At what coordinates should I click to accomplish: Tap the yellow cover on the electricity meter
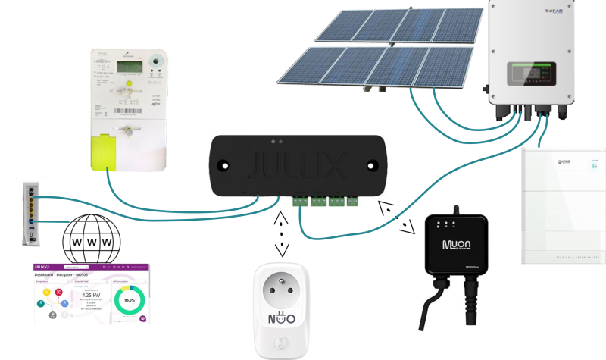coord(105,151)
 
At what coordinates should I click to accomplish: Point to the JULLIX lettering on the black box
coord(299,164)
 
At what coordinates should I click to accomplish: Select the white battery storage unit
coord(563,205)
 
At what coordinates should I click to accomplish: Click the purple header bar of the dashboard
coord(92,267)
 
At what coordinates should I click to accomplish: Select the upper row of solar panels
coord(399,24)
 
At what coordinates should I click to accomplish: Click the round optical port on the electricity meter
coord(158,59)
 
